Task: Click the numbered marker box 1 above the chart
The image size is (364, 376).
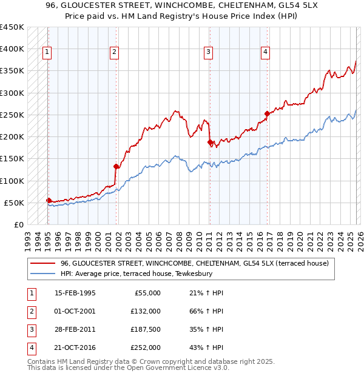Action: click(47, 53)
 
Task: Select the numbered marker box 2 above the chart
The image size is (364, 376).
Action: click(114, 53)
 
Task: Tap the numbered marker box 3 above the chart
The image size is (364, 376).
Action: click(208, 53)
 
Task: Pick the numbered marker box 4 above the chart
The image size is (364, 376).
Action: click(265, 53)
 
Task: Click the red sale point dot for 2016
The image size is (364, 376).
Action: click(267, 113)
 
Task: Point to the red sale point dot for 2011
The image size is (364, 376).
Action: click(210, 142)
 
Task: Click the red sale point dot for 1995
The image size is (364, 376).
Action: click(49, 200)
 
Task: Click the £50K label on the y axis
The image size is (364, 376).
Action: click(14, 203)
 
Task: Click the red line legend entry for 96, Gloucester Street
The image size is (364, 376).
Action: click(194, 263)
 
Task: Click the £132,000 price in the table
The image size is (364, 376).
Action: click(146, 311)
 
